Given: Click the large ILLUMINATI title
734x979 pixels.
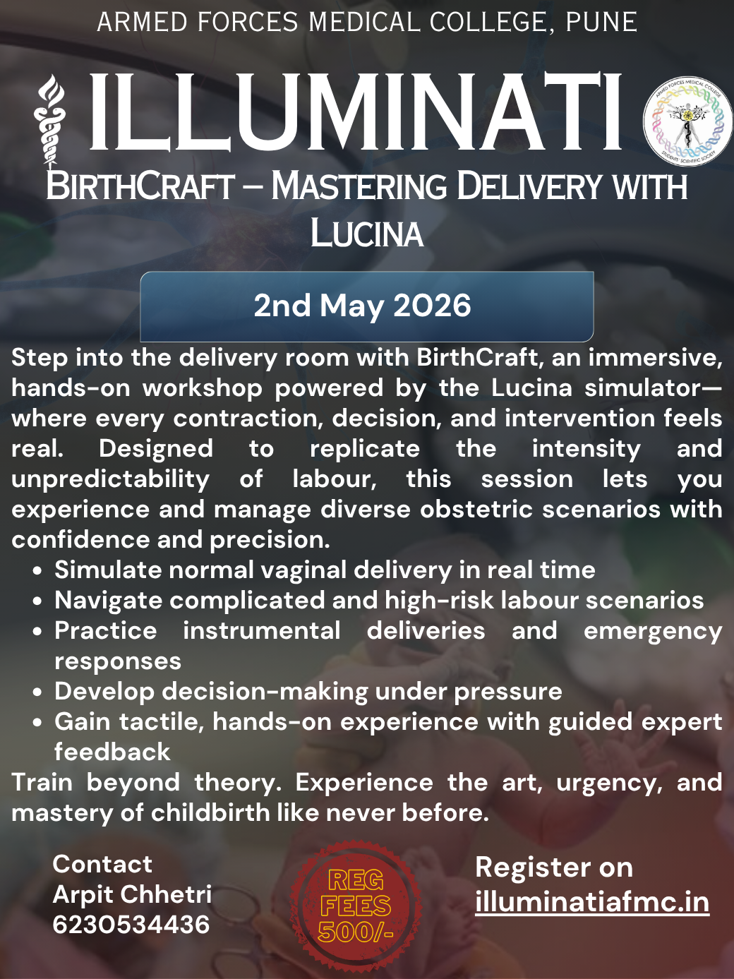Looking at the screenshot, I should coord(355,113).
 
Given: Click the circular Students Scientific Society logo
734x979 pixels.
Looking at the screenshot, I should coord(687,122).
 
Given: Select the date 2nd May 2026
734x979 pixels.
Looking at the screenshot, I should coord(362,306).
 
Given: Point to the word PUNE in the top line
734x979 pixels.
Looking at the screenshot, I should coord(601,23).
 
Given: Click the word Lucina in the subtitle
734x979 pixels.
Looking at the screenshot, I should coord(366,233).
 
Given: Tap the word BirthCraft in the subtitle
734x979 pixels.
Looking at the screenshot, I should coord(140,187).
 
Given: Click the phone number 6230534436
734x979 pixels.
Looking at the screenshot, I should coord(131,925).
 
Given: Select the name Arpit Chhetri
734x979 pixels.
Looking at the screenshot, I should coord(132,894).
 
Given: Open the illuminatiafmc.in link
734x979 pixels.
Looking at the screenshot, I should coord(591,902).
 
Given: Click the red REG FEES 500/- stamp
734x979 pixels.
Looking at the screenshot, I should coord(356,906).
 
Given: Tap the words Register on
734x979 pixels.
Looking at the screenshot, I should coord(553,867).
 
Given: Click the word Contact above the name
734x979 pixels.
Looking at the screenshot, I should coord(102,864).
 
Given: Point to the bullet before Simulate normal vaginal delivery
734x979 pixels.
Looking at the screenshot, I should coord(37,571).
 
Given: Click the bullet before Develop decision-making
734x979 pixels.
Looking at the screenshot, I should coord(37,692).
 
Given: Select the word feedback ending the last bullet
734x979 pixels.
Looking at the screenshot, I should coord(112,752).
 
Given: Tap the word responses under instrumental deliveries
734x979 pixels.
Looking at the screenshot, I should coord(118,661).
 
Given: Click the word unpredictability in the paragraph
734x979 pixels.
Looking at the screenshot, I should coord(110,479).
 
